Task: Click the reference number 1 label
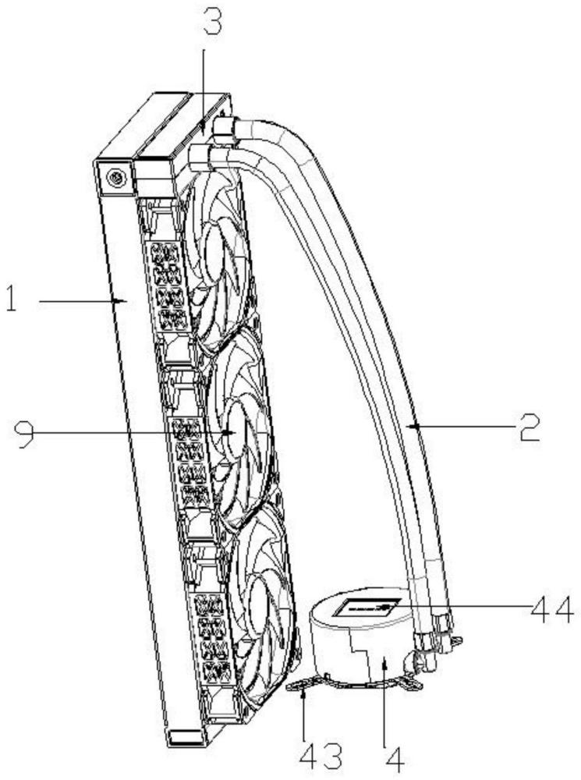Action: (x=12, y=300)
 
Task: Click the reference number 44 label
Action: (x=551, y=606)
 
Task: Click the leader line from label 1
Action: (x=78, y=300)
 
